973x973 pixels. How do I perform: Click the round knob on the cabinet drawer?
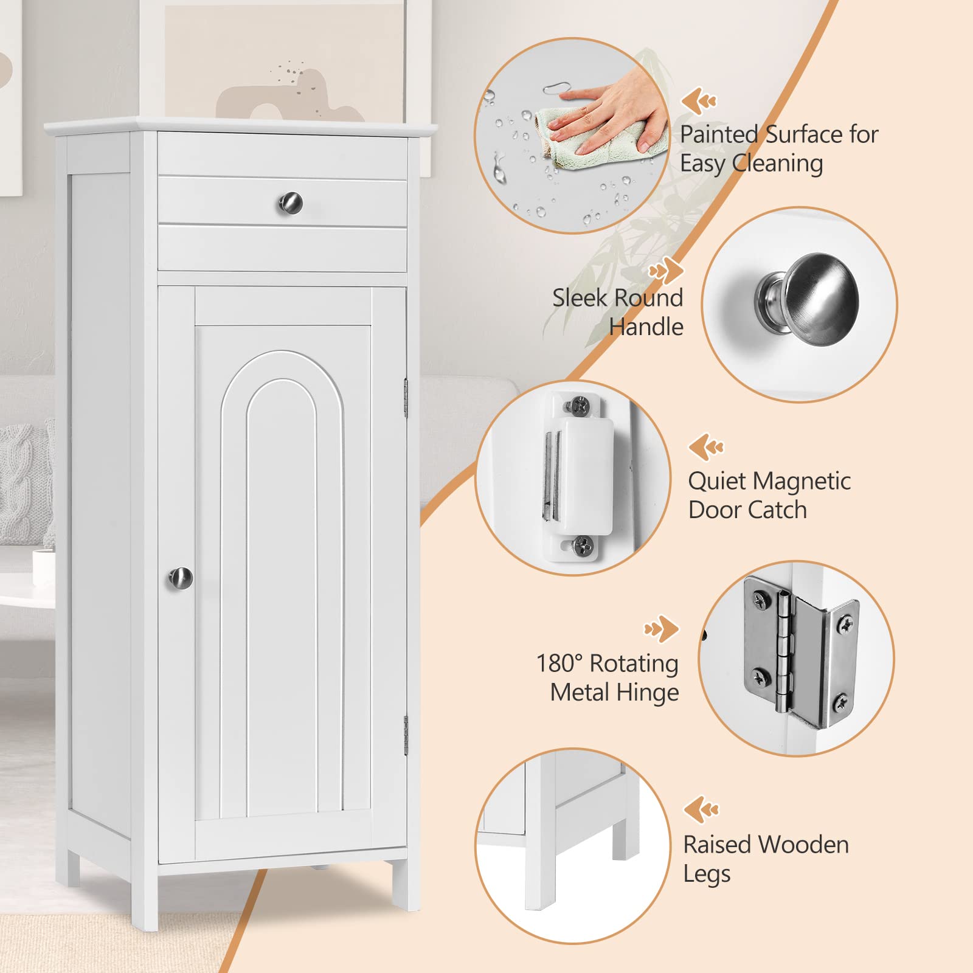(291, 203)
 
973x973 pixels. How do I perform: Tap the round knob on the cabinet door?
(181, 578)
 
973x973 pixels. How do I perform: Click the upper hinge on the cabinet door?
(406, 398)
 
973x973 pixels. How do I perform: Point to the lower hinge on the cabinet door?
(406, 736)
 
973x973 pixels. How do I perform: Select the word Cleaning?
(778, 164)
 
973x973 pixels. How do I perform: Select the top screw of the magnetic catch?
(579, 404)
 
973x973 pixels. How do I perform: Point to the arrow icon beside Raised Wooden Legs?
(701, 809)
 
